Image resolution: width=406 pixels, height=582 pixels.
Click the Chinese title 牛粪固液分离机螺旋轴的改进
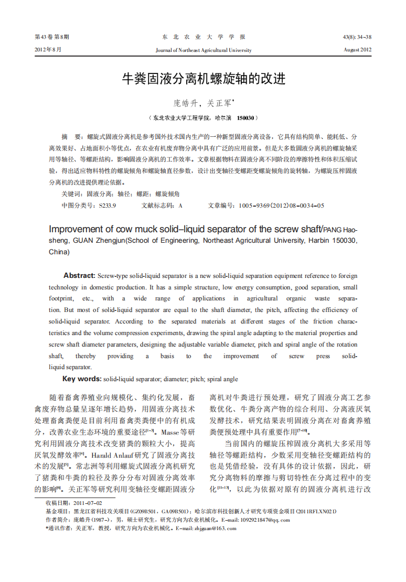[203, 79]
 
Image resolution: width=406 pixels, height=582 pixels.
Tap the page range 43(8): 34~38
[357, 37]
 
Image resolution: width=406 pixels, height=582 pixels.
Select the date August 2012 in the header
[358, 50]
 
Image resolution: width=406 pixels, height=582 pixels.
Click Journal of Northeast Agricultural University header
[204, 50]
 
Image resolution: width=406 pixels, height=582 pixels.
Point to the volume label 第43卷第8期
[51, 37]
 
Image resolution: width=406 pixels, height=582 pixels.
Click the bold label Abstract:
[79, 276]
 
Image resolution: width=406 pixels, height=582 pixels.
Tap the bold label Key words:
[82, 379]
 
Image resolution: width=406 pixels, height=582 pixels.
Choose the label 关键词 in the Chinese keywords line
[71, 194]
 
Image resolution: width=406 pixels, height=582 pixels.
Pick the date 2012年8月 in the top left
[48, 50]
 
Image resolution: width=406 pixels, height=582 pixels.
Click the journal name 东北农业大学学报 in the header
[204, 37]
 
